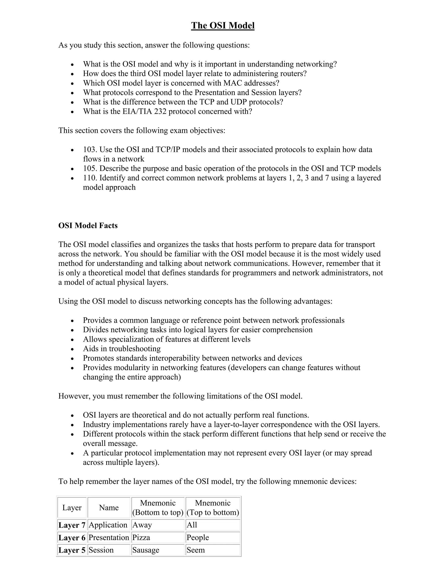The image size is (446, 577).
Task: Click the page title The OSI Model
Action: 223,26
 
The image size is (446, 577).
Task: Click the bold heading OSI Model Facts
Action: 88,225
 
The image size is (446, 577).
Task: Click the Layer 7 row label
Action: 72,525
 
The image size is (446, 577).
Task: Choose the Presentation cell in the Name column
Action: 109,537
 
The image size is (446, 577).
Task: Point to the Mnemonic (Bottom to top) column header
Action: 158,508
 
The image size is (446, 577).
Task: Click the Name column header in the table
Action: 109,508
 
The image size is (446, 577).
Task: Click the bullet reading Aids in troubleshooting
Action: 122,349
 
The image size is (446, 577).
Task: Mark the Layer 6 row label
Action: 72,537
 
